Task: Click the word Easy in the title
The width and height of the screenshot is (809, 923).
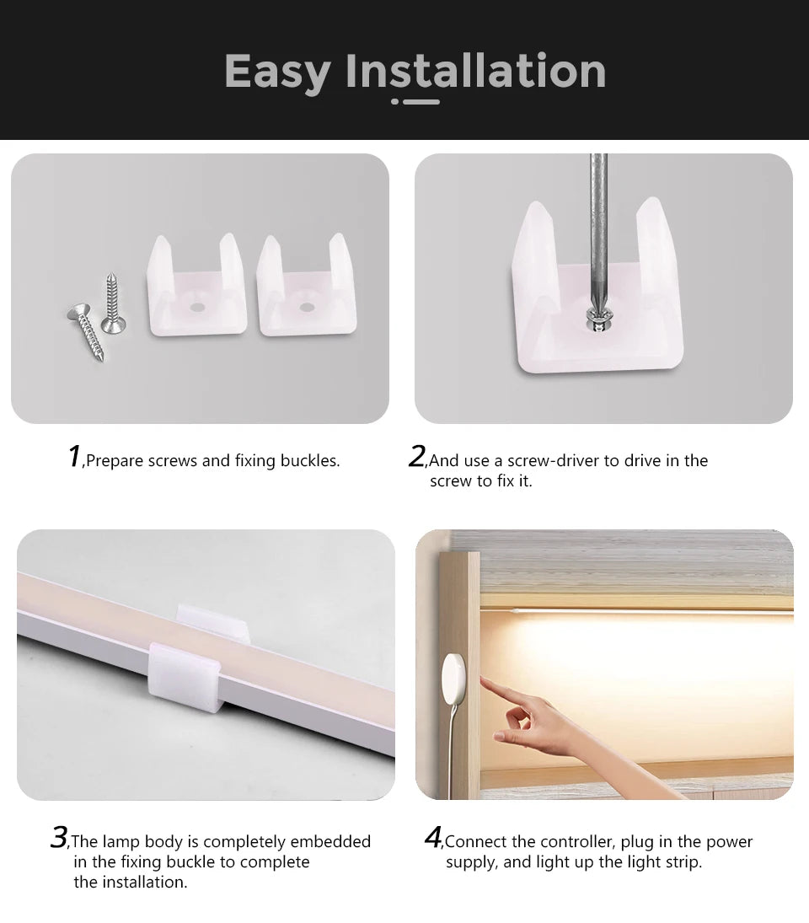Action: (277, 72)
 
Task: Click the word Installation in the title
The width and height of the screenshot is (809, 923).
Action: (476, 71)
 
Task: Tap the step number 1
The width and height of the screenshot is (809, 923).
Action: (74, 456)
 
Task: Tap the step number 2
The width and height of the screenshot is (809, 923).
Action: (416, 456)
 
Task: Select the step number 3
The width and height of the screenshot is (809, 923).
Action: (58, 837)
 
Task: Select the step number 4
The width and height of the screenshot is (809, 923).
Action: (432, 837)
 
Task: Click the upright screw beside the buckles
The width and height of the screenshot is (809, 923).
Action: (111, 301)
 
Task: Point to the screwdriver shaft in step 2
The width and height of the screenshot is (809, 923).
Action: (597, 228)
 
